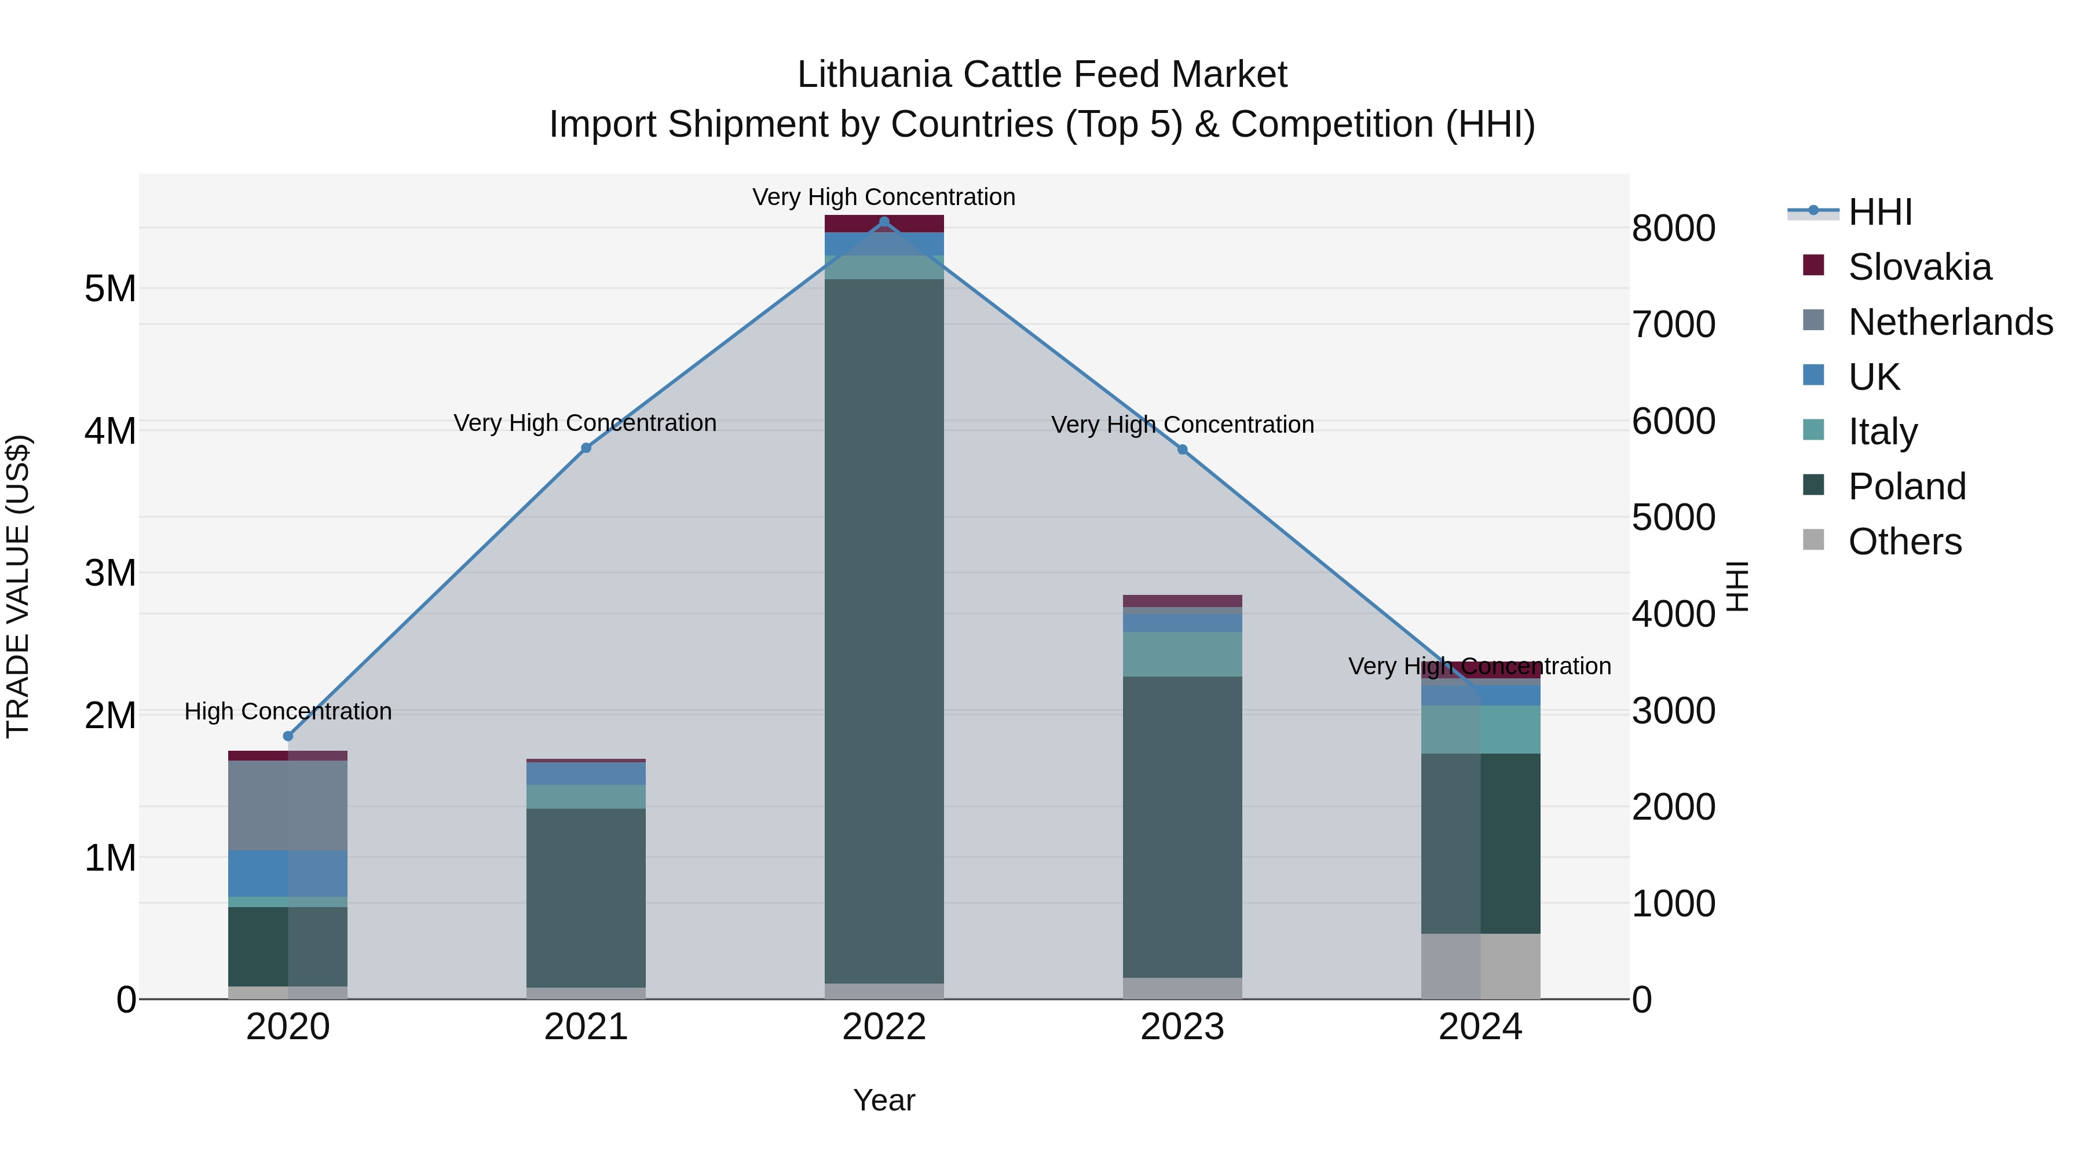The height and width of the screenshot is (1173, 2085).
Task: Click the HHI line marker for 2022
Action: pos(884,222)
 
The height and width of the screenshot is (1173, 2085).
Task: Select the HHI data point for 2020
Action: pos(288,736)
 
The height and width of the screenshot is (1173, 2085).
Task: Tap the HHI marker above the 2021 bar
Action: pos(586,448)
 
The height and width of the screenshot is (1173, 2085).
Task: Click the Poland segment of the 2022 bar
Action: pos(884,631)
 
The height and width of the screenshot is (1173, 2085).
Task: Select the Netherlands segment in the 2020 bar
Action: pos(288,806)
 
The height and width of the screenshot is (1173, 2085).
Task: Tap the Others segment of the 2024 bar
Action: pos(1480,966)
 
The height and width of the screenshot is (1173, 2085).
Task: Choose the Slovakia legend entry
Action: pos(1918,267)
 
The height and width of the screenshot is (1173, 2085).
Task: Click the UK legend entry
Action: pos(1873,377)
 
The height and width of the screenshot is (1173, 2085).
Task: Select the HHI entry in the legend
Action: pos(1879,212)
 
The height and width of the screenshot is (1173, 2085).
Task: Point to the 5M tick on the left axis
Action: pos(110,289)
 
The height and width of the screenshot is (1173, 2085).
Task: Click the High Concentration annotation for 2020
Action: pos(288,711)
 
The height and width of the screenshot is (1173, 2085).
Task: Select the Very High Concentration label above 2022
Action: pos(884,197)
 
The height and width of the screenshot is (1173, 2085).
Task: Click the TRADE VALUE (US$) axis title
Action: pos(18,586)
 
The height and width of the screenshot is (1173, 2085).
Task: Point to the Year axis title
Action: pos(884,1100)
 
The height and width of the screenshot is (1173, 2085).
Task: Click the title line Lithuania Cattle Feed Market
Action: pos(1042,75)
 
